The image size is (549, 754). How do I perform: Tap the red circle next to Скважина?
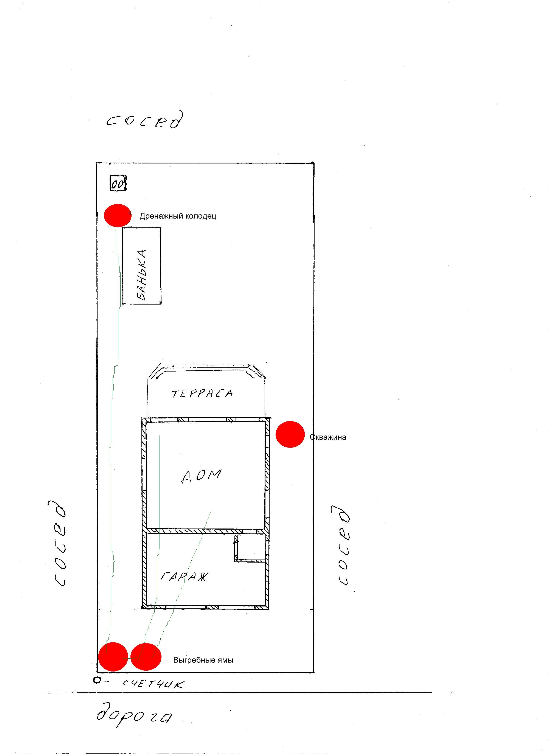[x=290, y=434]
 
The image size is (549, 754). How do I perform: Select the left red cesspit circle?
[x=113, y=657]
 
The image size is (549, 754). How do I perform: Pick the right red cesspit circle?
[x=146, y=657]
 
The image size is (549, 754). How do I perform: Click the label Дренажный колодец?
[x=178, y=216]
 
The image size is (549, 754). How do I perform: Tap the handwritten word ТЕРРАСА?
[x=202, y=394]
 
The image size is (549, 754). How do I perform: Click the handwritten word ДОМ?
[x=201, y=475]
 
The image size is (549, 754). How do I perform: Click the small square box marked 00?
[x=118, y=183]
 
